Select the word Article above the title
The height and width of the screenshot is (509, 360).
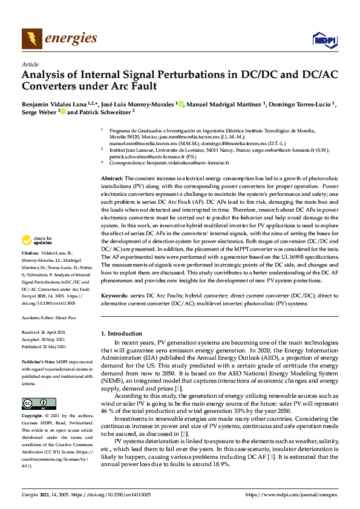[x=30, y=65]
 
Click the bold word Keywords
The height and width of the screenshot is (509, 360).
[x=115, y=296]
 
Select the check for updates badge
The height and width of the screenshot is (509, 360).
[x=37, y=257]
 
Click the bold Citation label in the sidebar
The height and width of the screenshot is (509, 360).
[x=30, y=269]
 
